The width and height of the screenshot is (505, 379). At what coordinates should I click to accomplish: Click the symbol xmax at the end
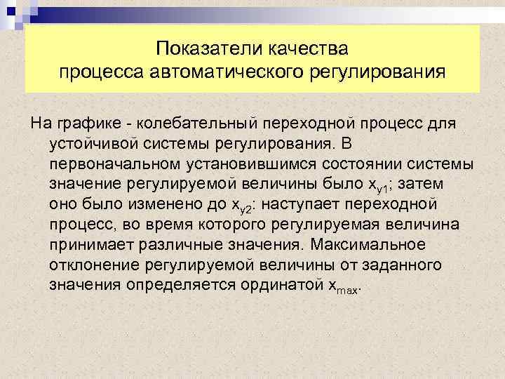pyautogui.click(x=339, y=286)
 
